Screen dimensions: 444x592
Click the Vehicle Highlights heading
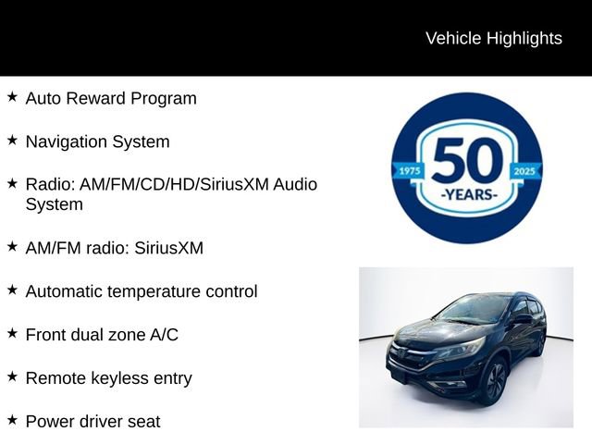tap(493, 38)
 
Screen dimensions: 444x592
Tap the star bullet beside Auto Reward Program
tap(12, 96)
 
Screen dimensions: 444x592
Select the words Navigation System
tap(97, 142)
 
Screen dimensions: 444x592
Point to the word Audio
tap(294, 184)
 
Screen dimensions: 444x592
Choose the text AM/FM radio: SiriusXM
tap(114, 248)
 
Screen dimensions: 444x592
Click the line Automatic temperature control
tap(142, 291)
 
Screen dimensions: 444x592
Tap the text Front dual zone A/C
tap(102, 335)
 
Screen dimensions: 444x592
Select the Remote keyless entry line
tap(108, 378)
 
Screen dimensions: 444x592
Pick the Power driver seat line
tap(92, 422)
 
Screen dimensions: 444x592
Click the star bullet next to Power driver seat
tap(12, 420)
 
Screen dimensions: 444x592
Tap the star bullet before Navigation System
tap(12, 140)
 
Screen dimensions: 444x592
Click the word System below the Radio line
tap(54, 204)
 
